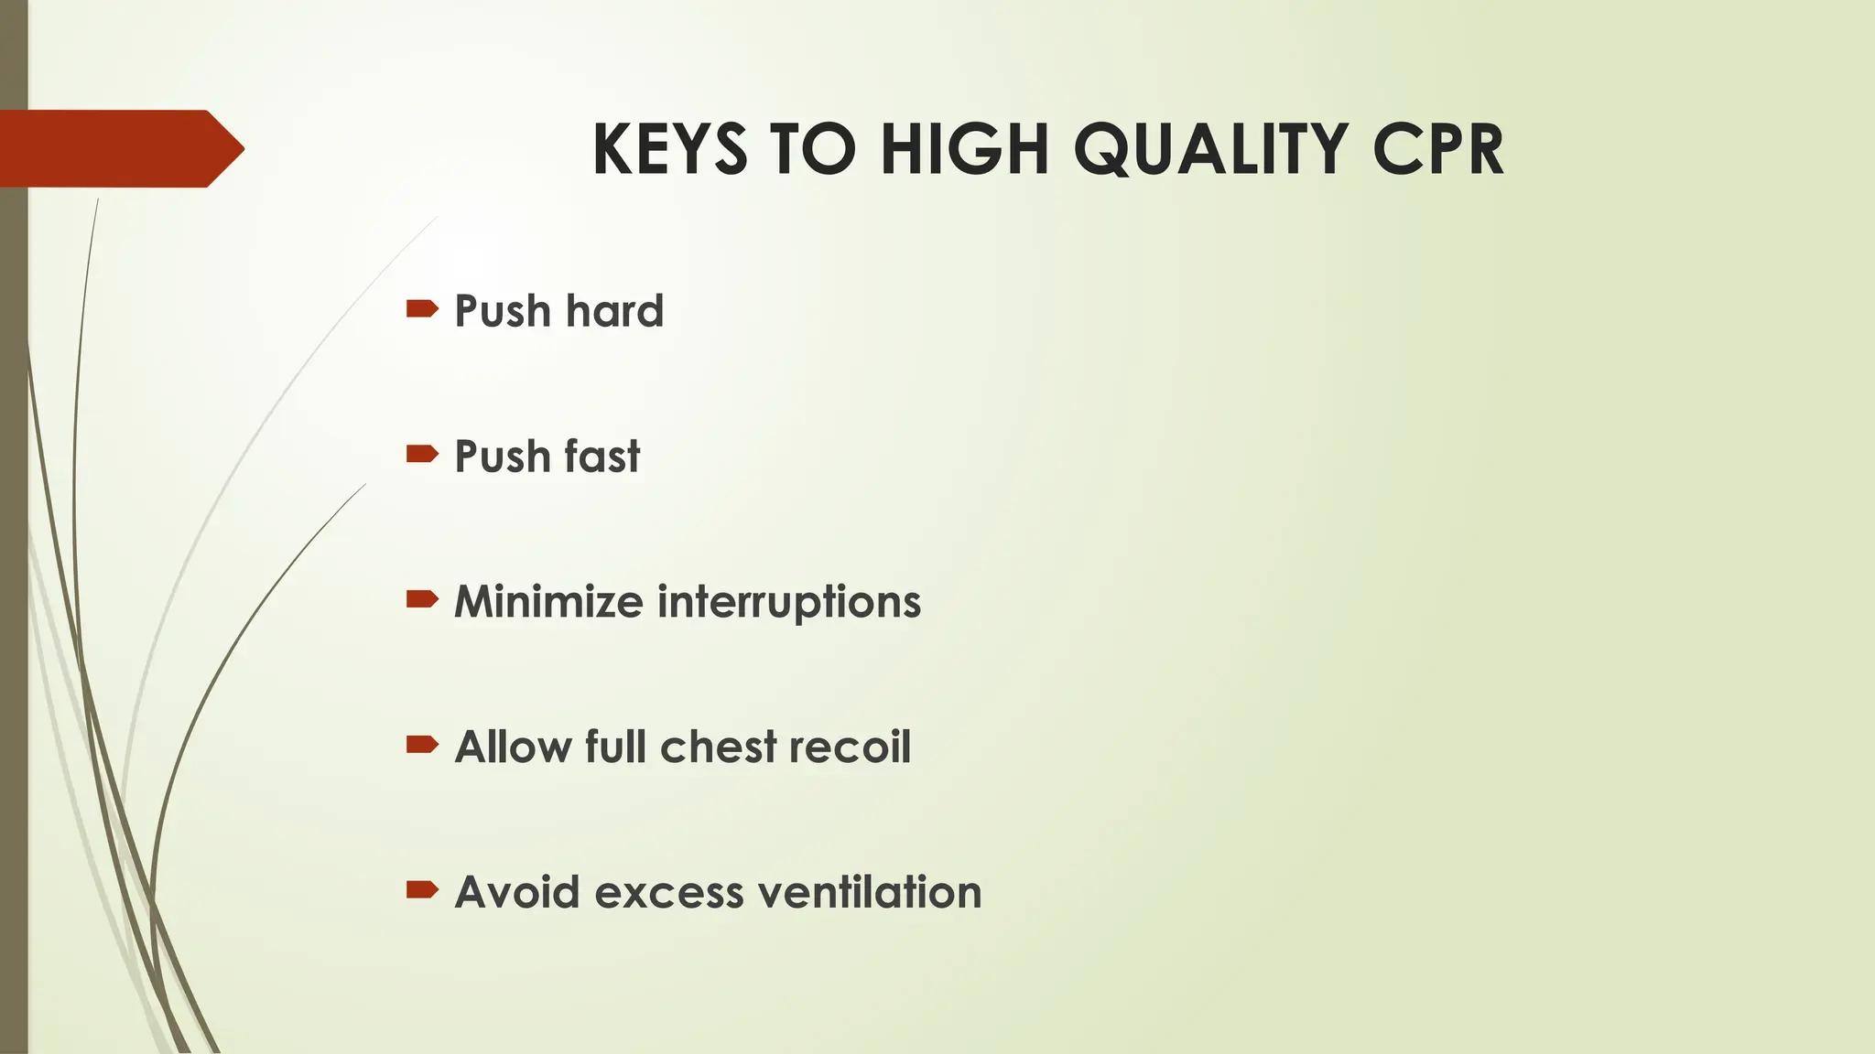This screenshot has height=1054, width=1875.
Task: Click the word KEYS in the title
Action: coord(669,149)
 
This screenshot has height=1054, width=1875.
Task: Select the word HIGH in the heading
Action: coord(963,149)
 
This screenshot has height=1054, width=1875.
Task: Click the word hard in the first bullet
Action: coord(614,311)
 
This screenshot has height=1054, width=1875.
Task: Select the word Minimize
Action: coord(548,602)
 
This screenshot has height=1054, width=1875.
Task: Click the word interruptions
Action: coord(789,603)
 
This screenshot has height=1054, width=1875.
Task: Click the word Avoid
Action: coord(516,892)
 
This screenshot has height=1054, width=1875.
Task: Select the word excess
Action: coord(668,893)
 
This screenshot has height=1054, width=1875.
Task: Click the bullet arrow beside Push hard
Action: coord(422,309)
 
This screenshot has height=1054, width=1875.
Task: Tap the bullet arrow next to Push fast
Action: coord(422,454)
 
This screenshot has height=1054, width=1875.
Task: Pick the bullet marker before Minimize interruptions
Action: coord(422,599)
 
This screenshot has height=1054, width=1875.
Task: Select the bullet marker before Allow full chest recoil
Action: coord(422,745)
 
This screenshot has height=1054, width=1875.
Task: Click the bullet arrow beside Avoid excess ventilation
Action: coord(422,889)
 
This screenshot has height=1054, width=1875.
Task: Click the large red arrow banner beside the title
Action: coord(119,148)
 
